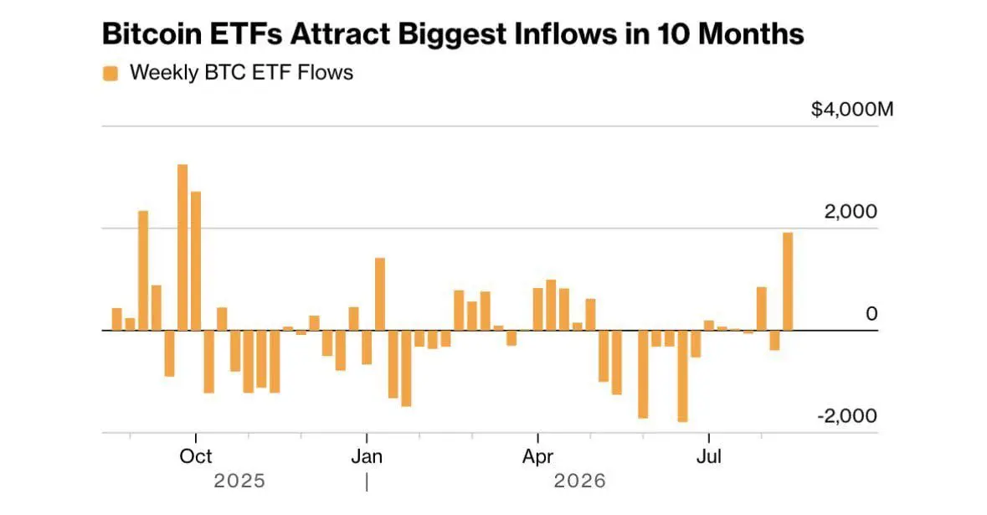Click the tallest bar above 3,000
pos(182,247)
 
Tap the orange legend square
pos(111,74)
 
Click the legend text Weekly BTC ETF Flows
pos(241,73)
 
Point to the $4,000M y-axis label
pos(852,110)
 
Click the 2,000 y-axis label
pos(851,212)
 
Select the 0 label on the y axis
pos(871,313)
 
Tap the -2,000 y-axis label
pos(847,415)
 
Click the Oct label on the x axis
pos(196,456)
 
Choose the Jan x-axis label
pos(367,456)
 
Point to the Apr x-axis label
pos(537,456)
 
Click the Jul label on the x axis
pos(709,456)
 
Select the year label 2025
pos(239,481)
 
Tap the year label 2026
pos(580,481)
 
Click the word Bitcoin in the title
pos(151,33)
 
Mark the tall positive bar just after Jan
pos(379,294)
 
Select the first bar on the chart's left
pos(116,319)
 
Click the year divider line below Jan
pos(367,482)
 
